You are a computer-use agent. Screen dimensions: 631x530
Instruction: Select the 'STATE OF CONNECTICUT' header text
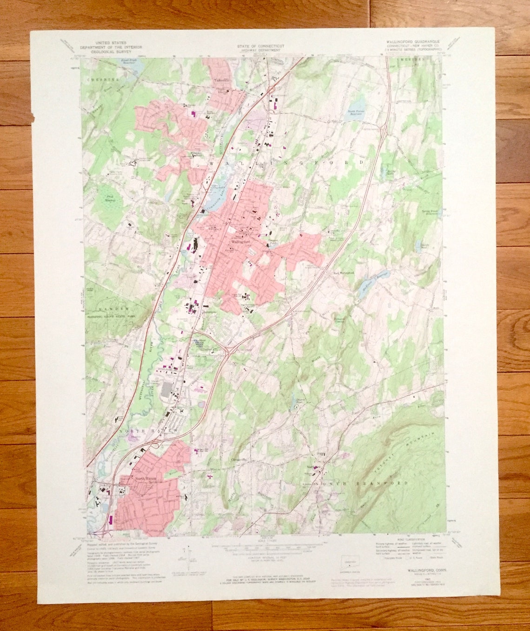tap(260, 46)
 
